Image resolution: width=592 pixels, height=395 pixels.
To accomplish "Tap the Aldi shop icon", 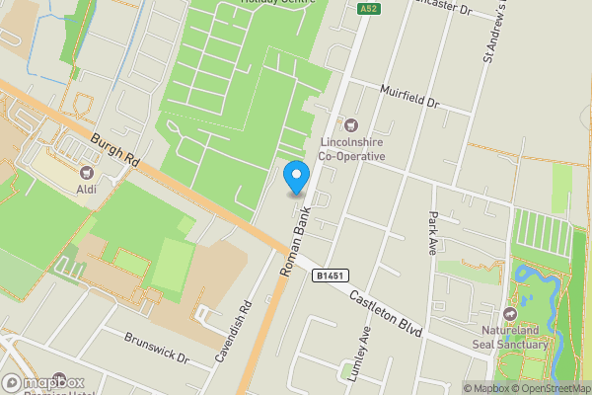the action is tap(86, 173).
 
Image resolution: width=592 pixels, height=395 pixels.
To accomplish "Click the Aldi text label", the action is tap(86, 190).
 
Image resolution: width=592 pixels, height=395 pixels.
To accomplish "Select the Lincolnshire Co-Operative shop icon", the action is tap(349, 123).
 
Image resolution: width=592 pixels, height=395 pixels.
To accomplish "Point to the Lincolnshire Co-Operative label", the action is tap(352, 148).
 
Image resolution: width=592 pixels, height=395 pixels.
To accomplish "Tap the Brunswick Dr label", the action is tap(156, 347).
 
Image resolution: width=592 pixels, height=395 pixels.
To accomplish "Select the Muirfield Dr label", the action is tap(408, 97).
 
